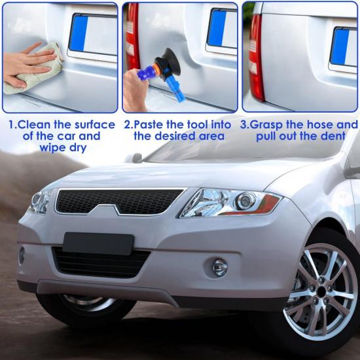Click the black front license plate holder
(98, 243)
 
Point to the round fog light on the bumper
(220, 266)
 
